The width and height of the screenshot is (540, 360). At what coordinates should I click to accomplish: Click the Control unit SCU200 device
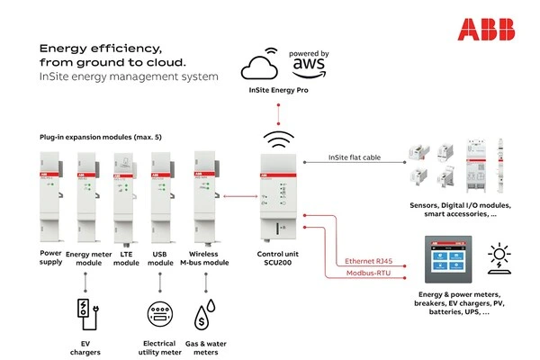[x=281, y=194]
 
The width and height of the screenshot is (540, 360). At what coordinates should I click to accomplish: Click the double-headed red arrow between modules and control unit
[x=237, y=192]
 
